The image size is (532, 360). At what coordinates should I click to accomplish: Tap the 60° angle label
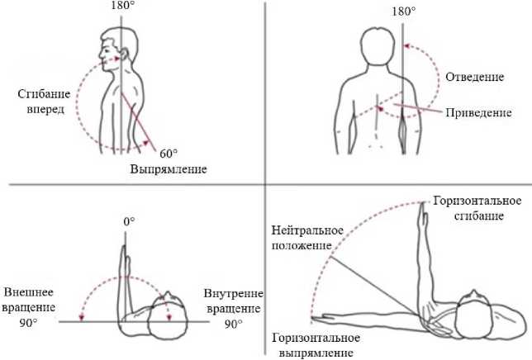pos(169,154)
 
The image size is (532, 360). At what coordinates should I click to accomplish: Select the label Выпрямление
pos(168,170)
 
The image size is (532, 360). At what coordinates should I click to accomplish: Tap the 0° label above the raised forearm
pos(128,222)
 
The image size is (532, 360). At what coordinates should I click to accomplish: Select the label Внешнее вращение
pos(30,301)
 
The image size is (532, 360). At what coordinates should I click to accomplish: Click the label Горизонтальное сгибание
pos(478,209)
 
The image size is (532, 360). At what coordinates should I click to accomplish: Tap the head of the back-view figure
pos(382,48)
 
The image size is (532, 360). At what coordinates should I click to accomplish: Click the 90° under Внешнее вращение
pos(29,322)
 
